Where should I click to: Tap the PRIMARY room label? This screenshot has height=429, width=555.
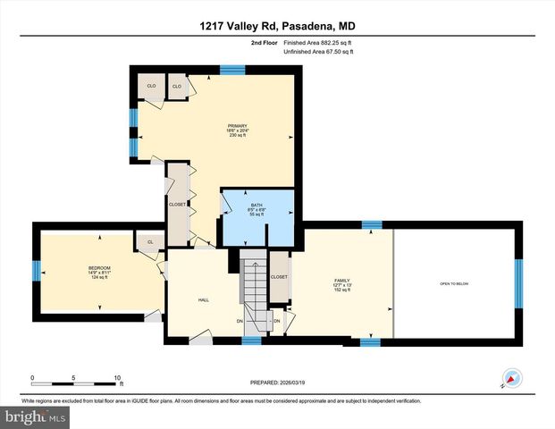pos(237,126)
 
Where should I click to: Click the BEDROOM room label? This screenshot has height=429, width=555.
pos(98,268)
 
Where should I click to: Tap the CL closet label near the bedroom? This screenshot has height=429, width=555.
pos(150,242)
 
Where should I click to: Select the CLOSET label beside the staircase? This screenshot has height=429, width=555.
pos(279,277)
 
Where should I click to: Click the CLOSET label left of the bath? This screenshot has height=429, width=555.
pos(177,205)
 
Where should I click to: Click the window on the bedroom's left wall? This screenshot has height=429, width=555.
pos(37,270)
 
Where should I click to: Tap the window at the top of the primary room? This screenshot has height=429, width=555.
pos(233,69)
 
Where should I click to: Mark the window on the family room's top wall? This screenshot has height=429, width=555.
pos(371,224)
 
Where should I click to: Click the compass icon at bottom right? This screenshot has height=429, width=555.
pos(512,378)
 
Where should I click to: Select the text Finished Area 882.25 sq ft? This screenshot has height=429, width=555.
pos(318,44)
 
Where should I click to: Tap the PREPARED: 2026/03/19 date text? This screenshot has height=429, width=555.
pos(276,383)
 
